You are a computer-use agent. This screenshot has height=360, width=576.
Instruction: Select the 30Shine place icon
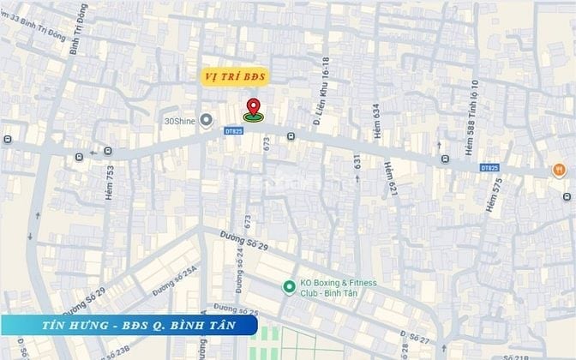[206, 120]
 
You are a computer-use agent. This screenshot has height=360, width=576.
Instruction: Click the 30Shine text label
[180, 121]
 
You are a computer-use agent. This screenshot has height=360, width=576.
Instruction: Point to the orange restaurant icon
[558, 170]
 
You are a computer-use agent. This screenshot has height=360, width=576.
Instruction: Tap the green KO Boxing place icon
[289, 285]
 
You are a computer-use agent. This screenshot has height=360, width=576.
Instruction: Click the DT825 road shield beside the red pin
[234, 131]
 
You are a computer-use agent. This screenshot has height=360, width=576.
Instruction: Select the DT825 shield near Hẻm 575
[489, 167]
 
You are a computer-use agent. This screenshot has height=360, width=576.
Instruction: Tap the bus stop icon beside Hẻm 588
[444, 159]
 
